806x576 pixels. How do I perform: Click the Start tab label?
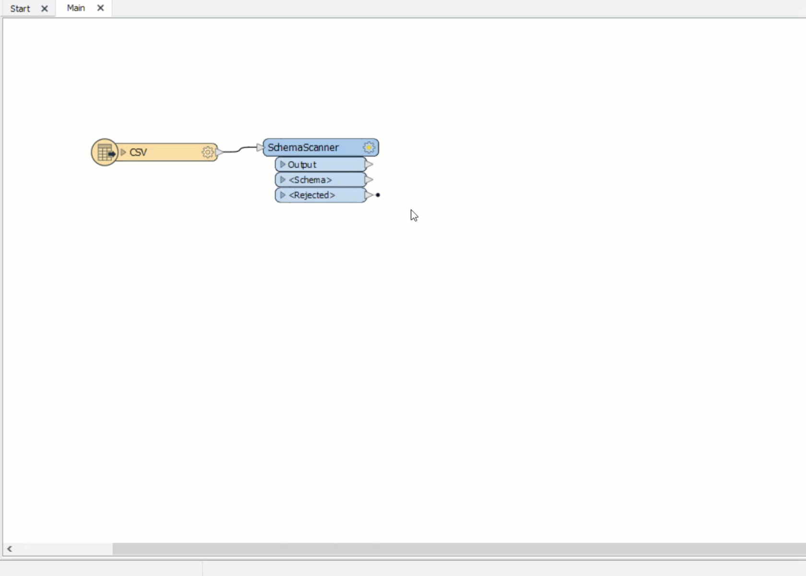coord(20,8)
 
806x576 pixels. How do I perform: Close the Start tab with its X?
coord(45,9)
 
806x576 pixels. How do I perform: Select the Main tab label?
coord(76,8)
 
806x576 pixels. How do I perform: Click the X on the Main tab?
coord(101,8)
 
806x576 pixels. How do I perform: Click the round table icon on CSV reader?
coord(105,152)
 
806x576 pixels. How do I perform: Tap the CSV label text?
coord(138,152)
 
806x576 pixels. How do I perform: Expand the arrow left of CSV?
coord(123,152)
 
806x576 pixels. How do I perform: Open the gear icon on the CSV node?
coord(208,152)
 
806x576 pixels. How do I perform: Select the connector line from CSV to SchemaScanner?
coord(240,149)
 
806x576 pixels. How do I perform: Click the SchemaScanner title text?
coord(303,147)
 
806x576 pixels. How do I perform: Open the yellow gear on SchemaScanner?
coord(369,147)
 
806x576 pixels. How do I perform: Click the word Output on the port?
coord(302,165)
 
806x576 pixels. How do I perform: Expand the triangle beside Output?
coord(283,165)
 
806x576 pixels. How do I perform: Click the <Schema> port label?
coord(310,180)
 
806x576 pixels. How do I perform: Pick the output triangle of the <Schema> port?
coord(369,180)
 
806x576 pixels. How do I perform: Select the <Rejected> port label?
coord(312,195)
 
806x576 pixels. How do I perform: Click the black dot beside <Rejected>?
coord(378,195)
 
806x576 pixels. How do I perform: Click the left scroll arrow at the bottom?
coord(10,549)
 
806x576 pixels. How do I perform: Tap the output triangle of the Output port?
coord(369,165)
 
